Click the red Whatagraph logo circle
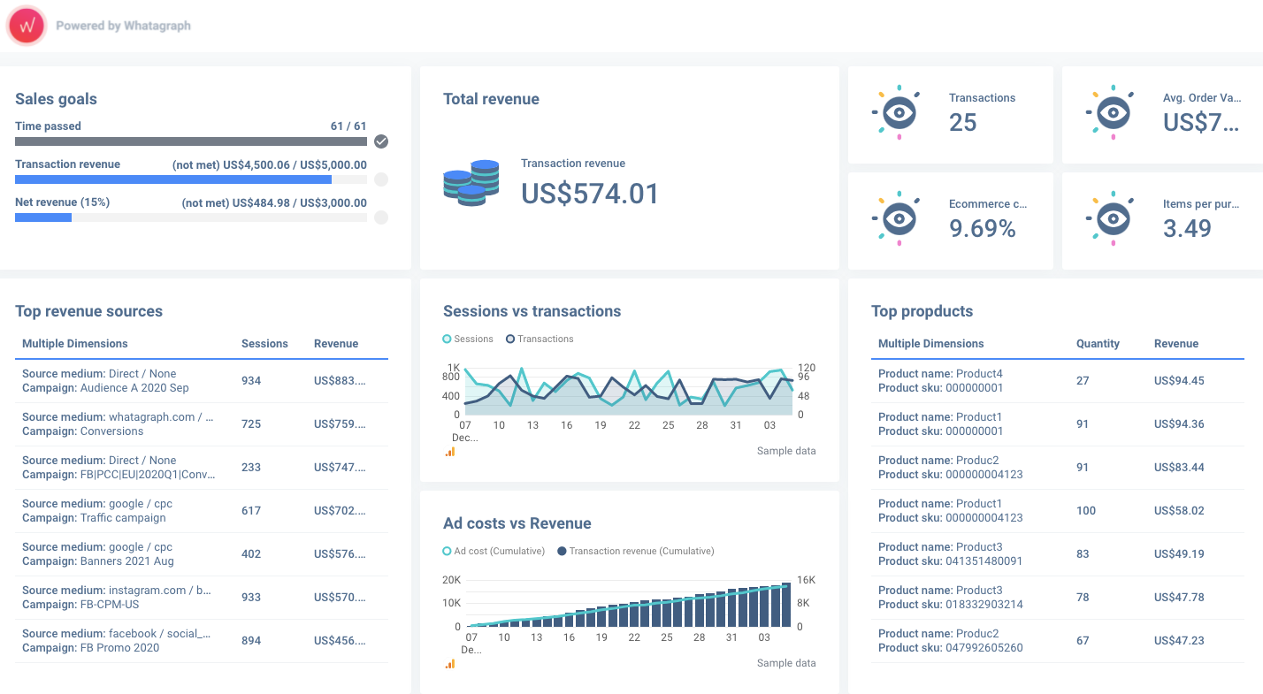(27, 26)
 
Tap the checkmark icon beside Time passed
(381, 141)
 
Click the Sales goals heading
(56, 99)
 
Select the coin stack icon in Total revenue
(471, 182)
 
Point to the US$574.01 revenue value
(590, 194)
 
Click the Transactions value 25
(962, 122)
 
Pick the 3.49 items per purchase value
(1187, 228)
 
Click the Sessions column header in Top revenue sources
(264, 343)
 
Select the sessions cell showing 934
(251, 380)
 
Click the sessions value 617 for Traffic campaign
(251, 511)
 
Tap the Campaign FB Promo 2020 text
(91, 648)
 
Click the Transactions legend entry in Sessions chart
(540, 339)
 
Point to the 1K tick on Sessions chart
(454, 368)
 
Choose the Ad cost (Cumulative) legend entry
(494, 551)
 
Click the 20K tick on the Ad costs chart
(452, 580)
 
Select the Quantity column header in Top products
(1098, 343)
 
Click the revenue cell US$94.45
(1179, 380)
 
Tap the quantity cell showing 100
(1086, 511)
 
